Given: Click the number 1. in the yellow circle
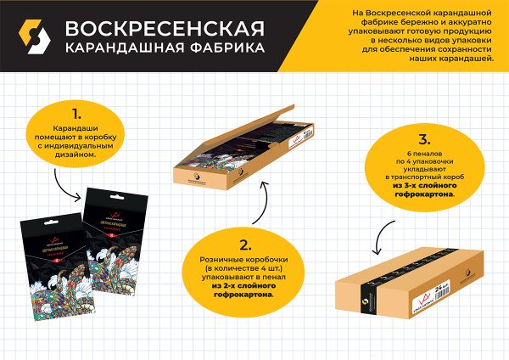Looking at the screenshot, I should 76,112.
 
